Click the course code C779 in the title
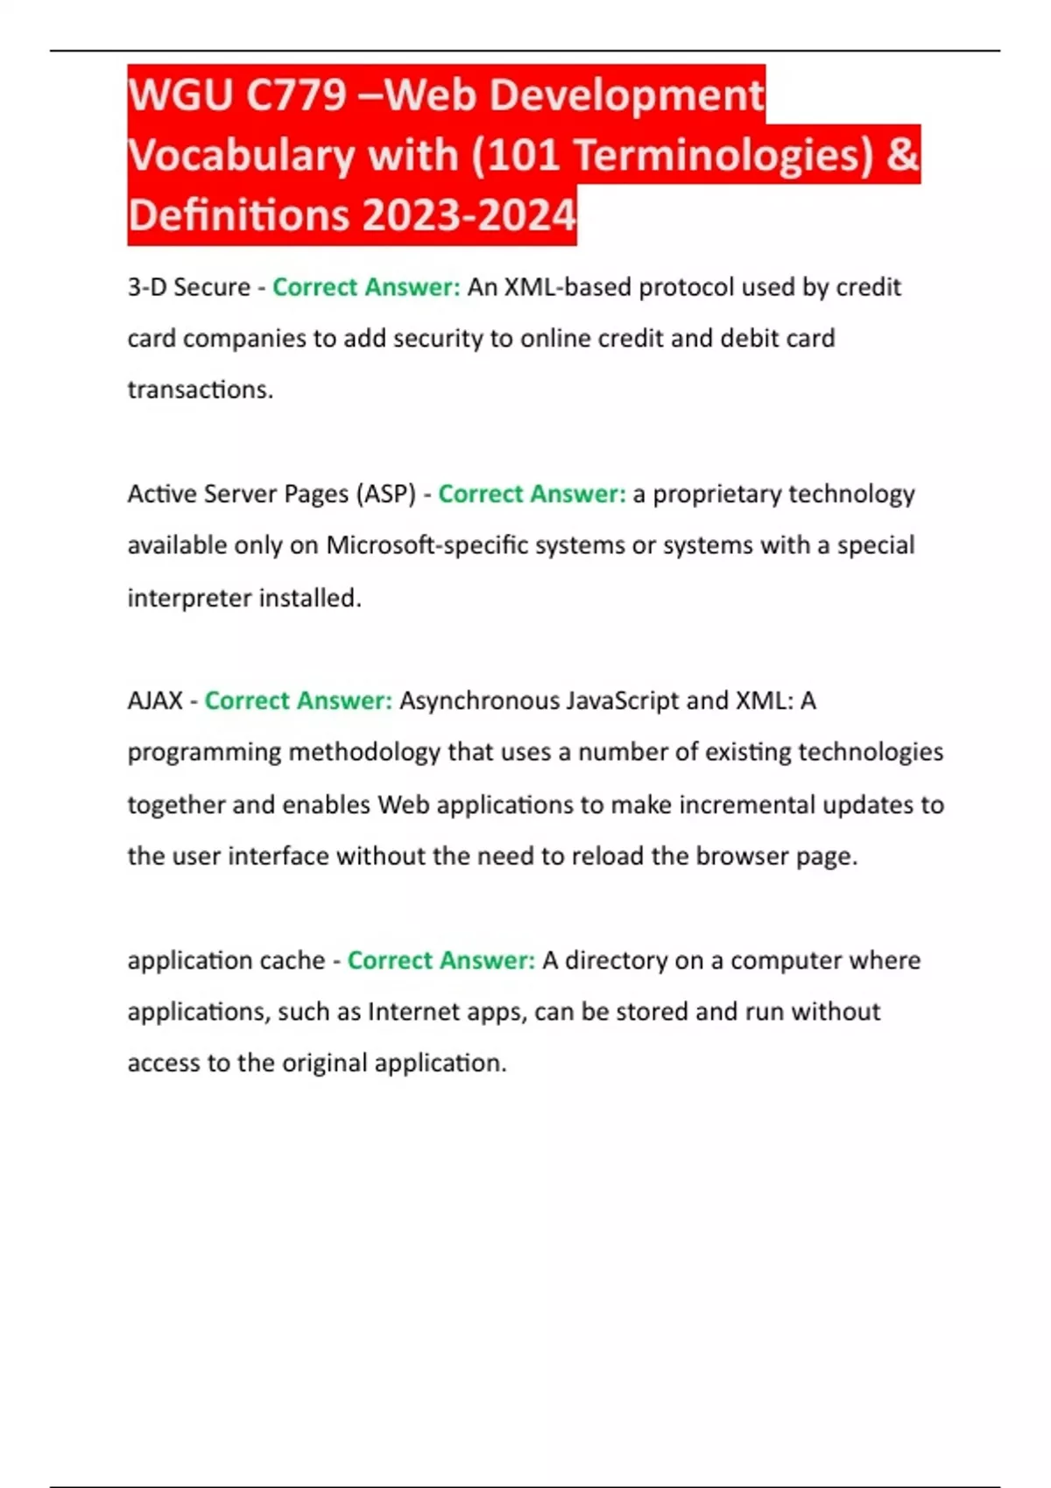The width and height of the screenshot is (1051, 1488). click(x=296, y=95)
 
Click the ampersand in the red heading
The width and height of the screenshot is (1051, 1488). click(x=902, y=156)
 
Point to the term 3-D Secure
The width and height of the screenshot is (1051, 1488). click(x=189, y=287)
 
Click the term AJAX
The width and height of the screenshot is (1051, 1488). click(x=155, y=700)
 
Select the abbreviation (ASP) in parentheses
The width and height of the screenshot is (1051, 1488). click(x=385, y=494)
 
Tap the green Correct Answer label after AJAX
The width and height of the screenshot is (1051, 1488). click(x=298, y=700)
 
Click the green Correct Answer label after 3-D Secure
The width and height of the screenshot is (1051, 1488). click(x=366, y=287)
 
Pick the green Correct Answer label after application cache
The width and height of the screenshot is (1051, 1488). click(x=441, y=960)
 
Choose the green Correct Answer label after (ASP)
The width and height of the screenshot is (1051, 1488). click(x=532, y=494)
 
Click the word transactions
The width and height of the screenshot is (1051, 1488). click(x=200, y=390)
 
